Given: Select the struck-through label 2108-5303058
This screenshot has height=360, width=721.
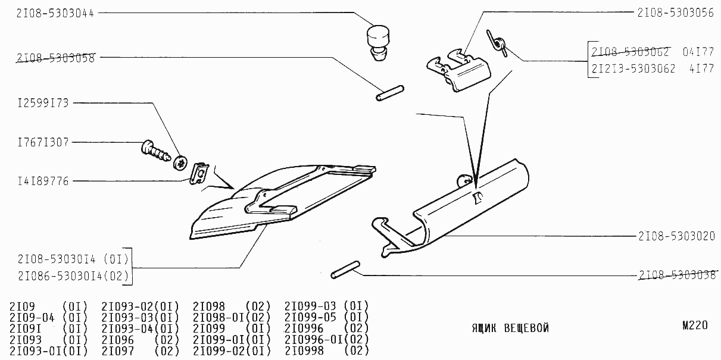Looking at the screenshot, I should [x=55, y=58].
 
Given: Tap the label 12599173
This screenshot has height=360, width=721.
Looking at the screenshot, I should [x=43, y=104].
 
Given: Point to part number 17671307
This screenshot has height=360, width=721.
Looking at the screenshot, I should [x=43, y=142].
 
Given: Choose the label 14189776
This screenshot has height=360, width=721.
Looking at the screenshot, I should [x=43, y=180].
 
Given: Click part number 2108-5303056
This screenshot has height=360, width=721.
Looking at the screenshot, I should [x=675, y=12].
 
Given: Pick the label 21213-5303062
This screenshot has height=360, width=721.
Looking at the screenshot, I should [x=633, y=68].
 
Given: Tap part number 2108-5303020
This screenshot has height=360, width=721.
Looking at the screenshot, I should [x=675, y=236].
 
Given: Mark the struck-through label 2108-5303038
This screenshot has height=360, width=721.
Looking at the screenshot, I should [x=675, y=276].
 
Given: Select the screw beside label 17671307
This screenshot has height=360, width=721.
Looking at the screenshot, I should [x=156, y=152].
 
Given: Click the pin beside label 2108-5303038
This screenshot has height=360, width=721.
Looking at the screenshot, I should [x=344, y=269].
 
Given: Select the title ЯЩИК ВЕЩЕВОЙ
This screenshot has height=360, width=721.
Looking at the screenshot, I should [x=510, y=328].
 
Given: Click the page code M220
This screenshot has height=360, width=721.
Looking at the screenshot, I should [x=695, y=325].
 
